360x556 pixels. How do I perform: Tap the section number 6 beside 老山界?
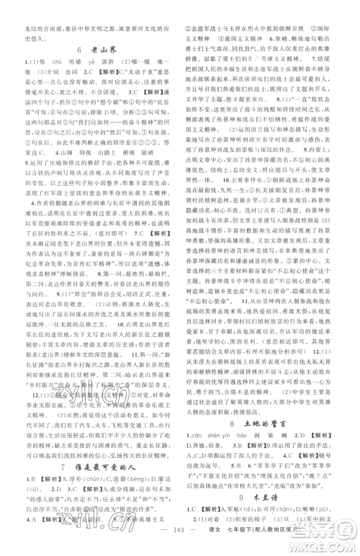(x=77, y=50)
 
